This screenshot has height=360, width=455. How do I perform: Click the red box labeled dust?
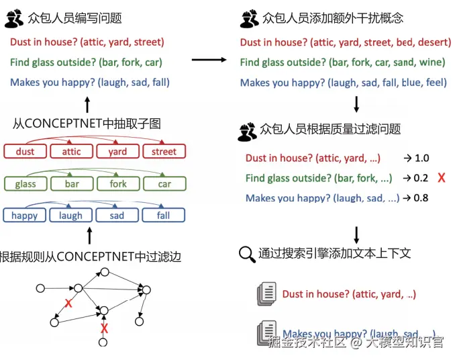(25, 152)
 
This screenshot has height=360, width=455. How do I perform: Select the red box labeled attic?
(71, 152)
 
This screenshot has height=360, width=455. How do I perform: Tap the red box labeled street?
(164, 152)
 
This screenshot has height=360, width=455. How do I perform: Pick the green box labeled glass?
(25, 184)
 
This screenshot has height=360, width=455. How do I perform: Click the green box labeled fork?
(118, 184)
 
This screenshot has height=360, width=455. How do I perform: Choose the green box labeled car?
(164, 184)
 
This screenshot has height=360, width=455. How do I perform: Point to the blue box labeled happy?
(25, 216)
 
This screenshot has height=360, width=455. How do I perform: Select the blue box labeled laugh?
(71, 216)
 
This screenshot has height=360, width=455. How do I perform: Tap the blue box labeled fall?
(164, 216)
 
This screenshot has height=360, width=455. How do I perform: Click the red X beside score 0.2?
(441, 178)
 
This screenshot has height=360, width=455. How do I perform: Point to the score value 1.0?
(421, 159)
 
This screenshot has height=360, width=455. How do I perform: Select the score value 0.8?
(421, 198)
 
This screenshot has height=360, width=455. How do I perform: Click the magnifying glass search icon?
(246, 254)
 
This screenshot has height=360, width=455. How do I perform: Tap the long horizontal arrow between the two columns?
(209, 60)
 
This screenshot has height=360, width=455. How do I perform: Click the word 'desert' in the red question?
(433, 42)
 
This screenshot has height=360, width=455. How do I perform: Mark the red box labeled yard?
(117, 152)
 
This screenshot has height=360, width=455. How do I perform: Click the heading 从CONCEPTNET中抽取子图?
(87, 124)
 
